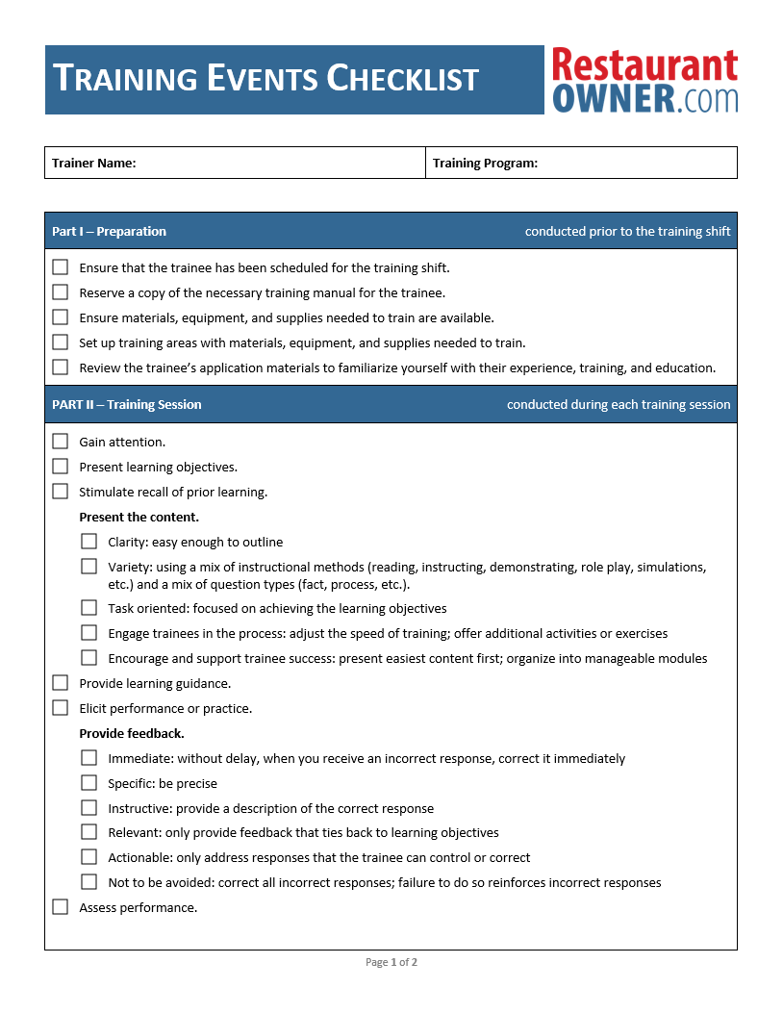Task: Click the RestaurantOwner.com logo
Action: point(644,81)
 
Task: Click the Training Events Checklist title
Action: point(265,79)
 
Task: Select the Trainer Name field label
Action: point(94,164)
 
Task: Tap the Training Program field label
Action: point(485,164)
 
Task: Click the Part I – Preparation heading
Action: point(109,231)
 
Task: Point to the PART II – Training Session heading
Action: point(126,404)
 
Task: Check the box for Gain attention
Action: point(61,442)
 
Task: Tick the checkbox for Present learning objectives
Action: point(61,467)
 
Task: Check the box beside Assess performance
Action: point(61,907)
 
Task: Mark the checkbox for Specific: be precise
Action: point(89,783)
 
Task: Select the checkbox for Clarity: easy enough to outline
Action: point(89,542)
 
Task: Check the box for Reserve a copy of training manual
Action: point(61,292)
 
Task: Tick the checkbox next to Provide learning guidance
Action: point(61,683)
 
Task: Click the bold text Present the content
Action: point(139,517)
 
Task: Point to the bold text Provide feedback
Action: point(132,733)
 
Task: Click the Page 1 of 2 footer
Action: point(391,962)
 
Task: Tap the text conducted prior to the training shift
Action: point(627,231)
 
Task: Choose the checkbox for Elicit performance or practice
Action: point(61,708)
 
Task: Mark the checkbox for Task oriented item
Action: point(89,608)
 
